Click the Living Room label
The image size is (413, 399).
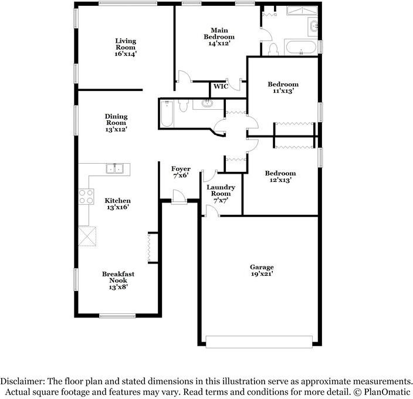(126, 44)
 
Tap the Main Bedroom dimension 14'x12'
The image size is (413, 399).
(219, 43)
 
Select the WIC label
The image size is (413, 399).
(221, 86)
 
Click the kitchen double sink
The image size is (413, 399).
(114, 169)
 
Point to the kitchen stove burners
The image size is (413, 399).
(86, 196)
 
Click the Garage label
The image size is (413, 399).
(262, 267)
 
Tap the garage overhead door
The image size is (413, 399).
(259, 342)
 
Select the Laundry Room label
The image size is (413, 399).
(221, 190)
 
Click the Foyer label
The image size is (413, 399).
(181, 169)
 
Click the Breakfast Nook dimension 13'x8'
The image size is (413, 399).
(119, 287)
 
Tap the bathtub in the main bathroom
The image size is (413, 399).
(301, 48)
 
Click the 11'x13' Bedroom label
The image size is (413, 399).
(283, 84)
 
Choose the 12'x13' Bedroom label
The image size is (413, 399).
(280, 173)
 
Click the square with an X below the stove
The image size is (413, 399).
(89, 236)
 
